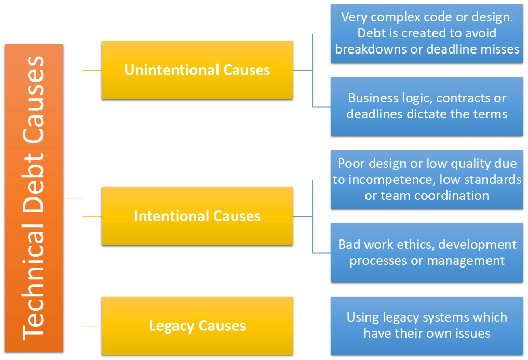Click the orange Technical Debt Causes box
pyautogui.click(x=34, y=198)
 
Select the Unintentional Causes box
pyautogui.click(x=197, y=70)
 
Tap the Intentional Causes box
pyautogui.click(x=197, y=216)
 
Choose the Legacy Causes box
pyautogui.click(x=197, y=326)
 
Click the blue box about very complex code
pyautogui.click(x=427, y=33)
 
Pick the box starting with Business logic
pyautogui.click(x=427, y=106)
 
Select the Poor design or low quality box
pyautogui.click(x=427, y=180)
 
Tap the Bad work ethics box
pyautogui.click(x=427, y=252)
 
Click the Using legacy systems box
pyautogui.click(x=427, y=325)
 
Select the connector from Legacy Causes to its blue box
pyautogui.click(x=312, y=326)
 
